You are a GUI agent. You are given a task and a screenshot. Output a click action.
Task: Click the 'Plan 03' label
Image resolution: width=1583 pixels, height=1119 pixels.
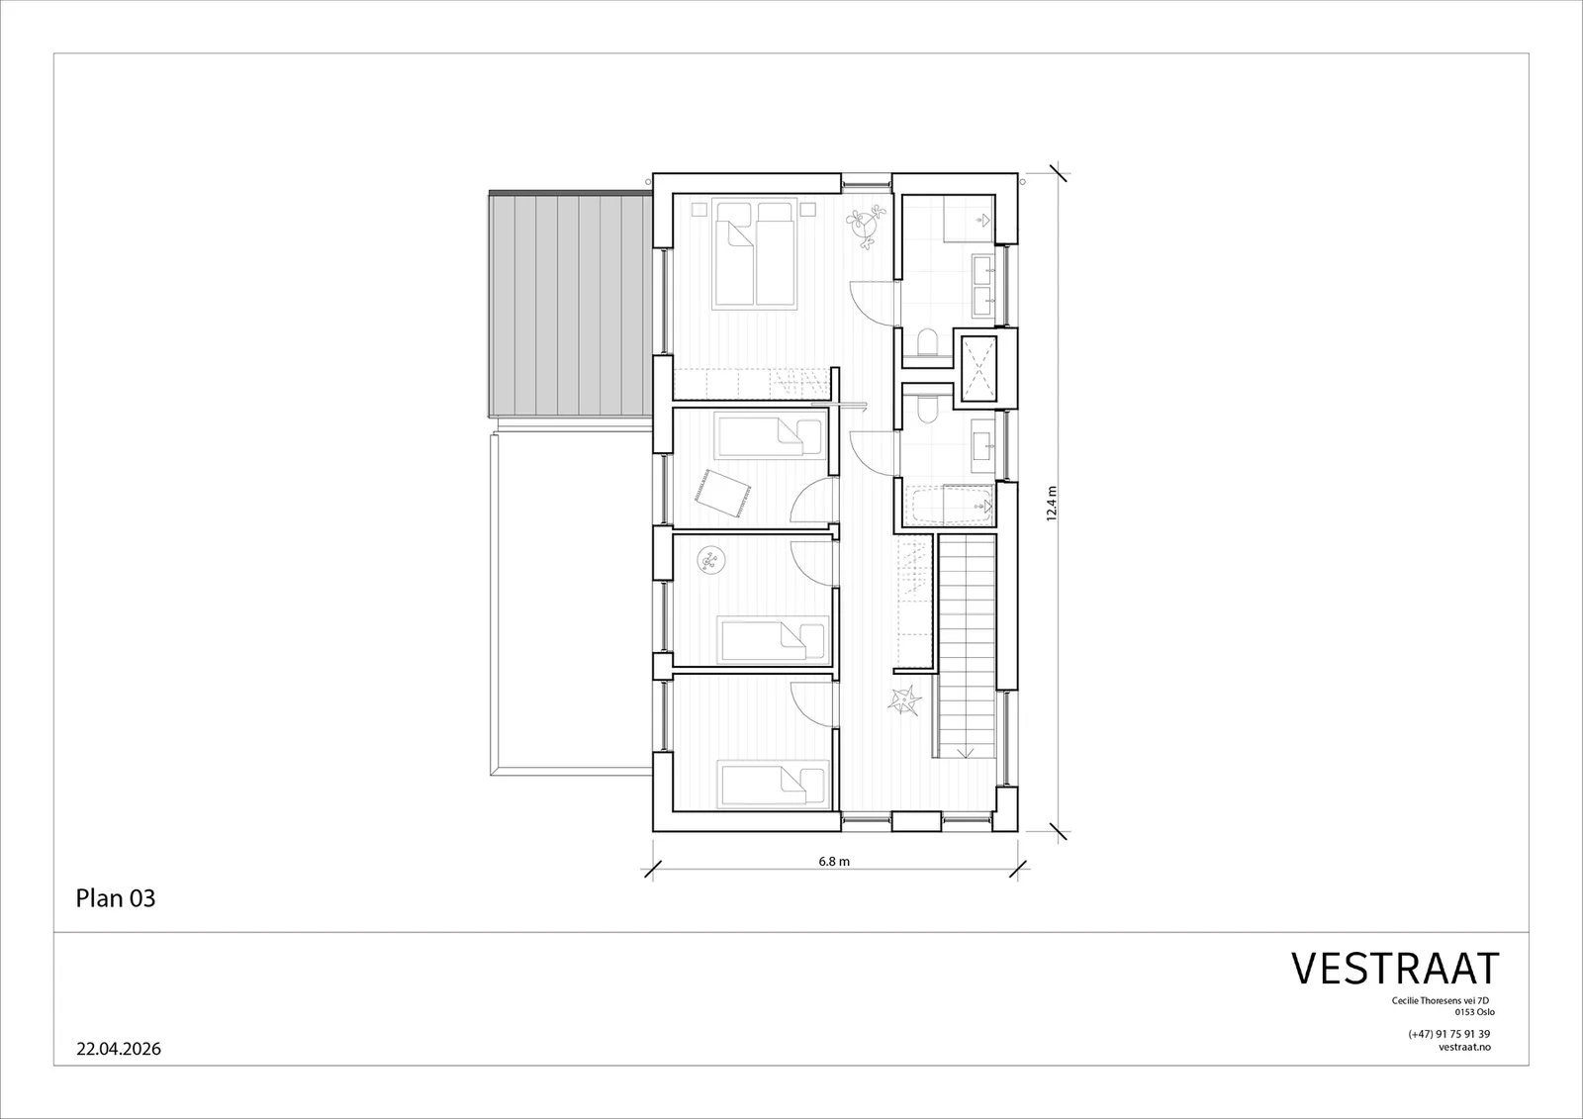(115, 897)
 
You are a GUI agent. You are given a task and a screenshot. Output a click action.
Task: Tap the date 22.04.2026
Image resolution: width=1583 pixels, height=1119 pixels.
(119, 1049)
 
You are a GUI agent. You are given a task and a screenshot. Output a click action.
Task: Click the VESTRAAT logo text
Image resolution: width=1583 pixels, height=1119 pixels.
(1395, 969)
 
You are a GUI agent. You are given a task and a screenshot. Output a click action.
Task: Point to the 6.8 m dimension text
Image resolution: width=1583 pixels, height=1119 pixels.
(834, 861)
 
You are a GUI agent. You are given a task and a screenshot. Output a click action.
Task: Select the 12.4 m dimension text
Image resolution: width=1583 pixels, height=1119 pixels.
(1052, 504)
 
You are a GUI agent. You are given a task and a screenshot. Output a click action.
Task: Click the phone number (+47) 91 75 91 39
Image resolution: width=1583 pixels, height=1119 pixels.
(1448, 1034)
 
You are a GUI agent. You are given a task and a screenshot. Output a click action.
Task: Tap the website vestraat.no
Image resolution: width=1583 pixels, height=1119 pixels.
(1464, 1047)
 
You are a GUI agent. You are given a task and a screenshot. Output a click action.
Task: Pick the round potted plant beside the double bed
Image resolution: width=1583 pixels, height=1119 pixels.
(865, 227)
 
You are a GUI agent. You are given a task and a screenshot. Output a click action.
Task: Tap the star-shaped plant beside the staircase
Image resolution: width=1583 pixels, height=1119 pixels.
(905, 699)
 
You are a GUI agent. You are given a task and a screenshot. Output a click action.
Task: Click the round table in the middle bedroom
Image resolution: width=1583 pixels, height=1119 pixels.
(709, 561)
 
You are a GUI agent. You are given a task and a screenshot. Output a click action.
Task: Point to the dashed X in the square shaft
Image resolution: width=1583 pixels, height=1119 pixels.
(978, 368)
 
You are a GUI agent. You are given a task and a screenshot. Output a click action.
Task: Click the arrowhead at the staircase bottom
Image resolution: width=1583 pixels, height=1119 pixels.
(966, 752)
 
